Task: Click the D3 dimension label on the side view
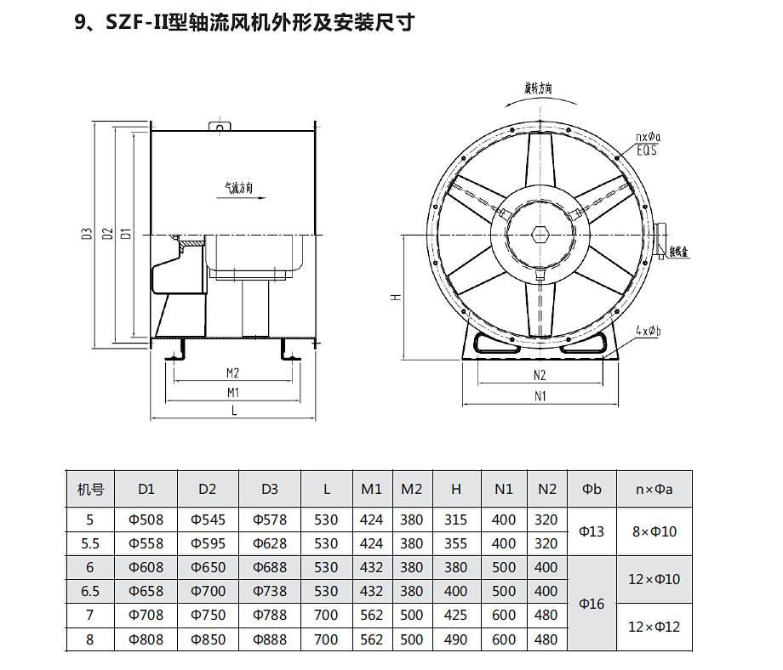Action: click(88, 234)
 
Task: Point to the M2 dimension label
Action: click(232, 373)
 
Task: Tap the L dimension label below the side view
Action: click(234, 412)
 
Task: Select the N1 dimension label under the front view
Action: click(540, 395)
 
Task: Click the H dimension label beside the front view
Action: click(396, 297)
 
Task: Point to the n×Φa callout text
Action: click(649, 137)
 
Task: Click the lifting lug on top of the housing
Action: click(220, 128)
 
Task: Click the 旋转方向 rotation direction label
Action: click(539, 88)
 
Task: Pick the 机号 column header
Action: click(90, 489)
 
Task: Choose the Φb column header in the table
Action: click(592, 489)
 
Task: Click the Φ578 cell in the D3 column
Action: click(270, 520)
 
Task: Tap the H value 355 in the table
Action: click(456, 543)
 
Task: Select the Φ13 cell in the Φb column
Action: click(592, 531)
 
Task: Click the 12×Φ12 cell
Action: click(654, 627)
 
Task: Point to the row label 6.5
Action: click(90, 591)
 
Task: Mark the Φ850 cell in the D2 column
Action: click(208, 639)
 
